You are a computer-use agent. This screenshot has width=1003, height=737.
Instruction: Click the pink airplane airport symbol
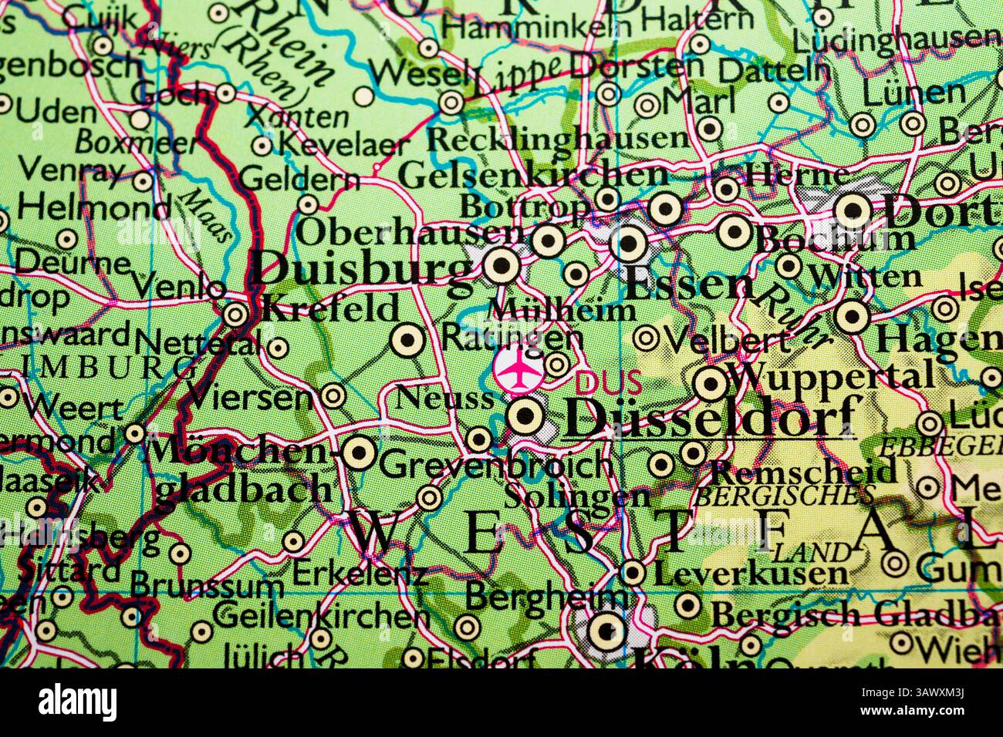tap(516, 370)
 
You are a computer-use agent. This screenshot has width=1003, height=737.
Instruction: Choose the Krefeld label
tap(331, 309)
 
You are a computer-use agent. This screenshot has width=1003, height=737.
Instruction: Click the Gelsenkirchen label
tap(533, 175)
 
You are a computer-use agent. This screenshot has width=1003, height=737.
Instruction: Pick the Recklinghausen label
tap(557, 140)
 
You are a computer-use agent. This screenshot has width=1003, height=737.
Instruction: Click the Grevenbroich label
tap(496, 466)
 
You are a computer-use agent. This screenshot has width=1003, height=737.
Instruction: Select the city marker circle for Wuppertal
tap(711, 383)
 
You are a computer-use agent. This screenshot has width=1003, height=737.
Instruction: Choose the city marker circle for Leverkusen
tap(633, 573)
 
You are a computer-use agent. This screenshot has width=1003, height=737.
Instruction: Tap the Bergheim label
tap(547, 596)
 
